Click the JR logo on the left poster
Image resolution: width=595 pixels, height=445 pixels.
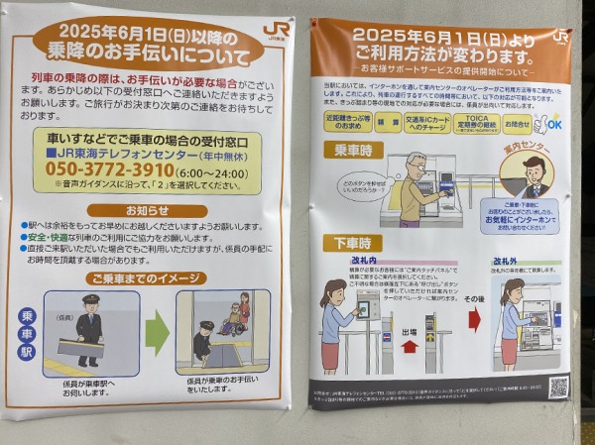point(277,30)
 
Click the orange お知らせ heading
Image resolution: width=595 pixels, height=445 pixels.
point(146,210)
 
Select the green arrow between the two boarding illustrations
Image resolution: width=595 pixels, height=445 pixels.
point(158,333)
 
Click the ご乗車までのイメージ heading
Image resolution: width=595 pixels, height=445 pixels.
point(146,279)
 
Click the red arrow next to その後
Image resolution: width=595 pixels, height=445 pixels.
point(474,319)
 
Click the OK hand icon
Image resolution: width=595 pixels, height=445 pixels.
point(547,123)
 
